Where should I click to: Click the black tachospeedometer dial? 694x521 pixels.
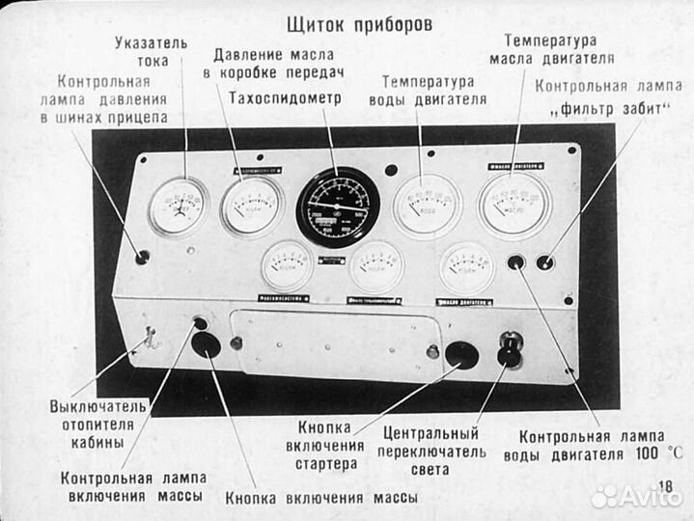coord(337,207)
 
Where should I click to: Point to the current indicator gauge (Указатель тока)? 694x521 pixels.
coord(178,206)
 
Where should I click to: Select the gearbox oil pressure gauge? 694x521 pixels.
coord(251,206)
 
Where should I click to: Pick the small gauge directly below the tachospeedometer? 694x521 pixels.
coord(375,266)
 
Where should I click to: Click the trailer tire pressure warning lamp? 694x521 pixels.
coord(143,257)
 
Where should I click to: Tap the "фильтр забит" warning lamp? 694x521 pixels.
coord(545,261)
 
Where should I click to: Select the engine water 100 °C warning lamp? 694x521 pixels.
coord(516,261)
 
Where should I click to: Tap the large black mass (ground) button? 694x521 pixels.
coord(206,345)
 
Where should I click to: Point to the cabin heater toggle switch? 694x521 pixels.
coord(150,339)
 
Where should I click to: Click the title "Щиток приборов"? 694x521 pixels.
coord(359,21)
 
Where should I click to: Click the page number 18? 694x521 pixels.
coord(665,488)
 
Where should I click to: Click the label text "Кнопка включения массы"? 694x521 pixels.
coord(321,498)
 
